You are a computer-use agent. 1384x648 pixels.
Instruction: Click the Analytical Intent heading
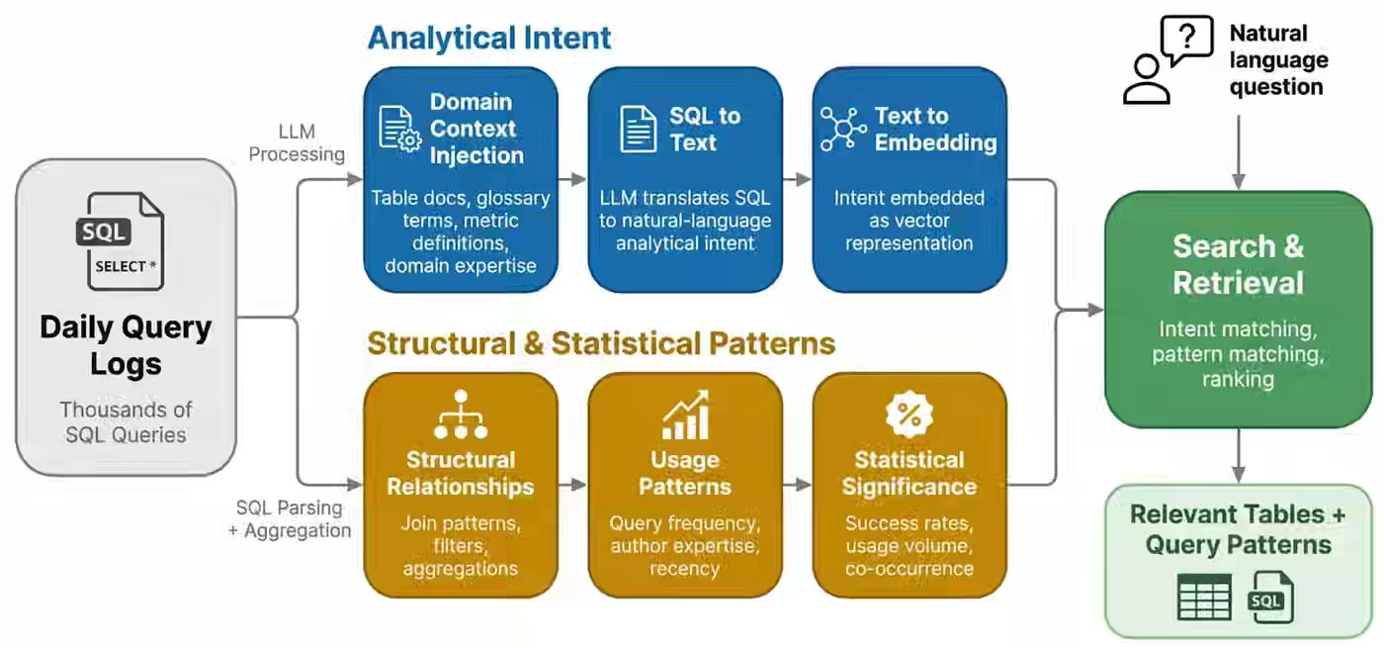pyautogui.click(x=489, y=38)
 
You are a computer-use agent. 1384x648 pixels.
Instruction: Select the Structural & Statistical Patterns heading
pyautogui.click(x=601, y=343)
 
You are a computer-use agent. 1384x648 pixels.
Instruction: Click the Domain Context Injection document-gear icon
pyautogui.click(x=400, y=129)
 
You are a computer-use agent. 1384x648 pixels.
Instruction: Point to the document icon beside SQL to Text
pyautogui.click(x=639, y=129)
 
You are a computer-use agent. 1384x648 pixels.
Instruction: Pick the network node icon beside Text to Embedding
pyautogui.click(x=843, y=129)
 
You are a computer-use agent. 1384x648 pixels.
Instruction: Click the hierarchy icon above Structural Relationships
pyautogui.click(x=461, y=416)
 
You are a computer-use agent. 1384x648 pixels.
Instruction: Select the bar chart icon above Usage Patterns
pyautogui.click(x=685, y=416)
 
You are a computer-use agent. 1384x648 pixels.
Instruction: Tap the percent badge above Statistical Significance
pyautogui.click(x=909, y=415)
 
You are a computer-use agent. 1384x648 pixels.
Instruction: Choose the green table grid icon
pyautogui.click(x=1204, y=597)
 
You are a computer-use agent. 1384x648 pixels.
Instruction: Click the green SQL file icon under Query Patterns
pyautogui.click(x=1270, y=597)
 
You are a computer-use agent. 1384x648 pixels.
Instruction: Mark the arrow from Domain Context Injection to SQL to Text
pyautogui.click(x=573, y=180)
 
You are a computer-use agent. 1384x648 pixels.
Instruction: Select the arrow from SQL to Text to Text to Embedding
pyautogui.click(x=798, y=180)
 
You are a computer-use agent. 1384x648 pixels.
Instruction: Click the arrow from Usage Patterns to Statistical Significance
pyautogui.click(x=798, y=485)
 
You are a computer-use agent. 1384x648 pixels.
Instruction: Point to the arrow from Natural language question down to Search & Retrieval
pyautogui.click(x=1239, y=153)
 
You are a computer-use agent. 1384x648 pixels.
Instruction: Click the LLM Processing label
pyautogui.click(x=297, y=141)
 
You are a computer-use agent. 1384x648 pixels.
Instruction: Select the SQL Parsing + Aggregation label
pyautogui.click(x=294, y=518)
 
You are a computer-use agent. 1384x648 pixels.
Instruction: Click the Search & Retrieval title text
pyautogui.click(x=1239, y=264)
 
